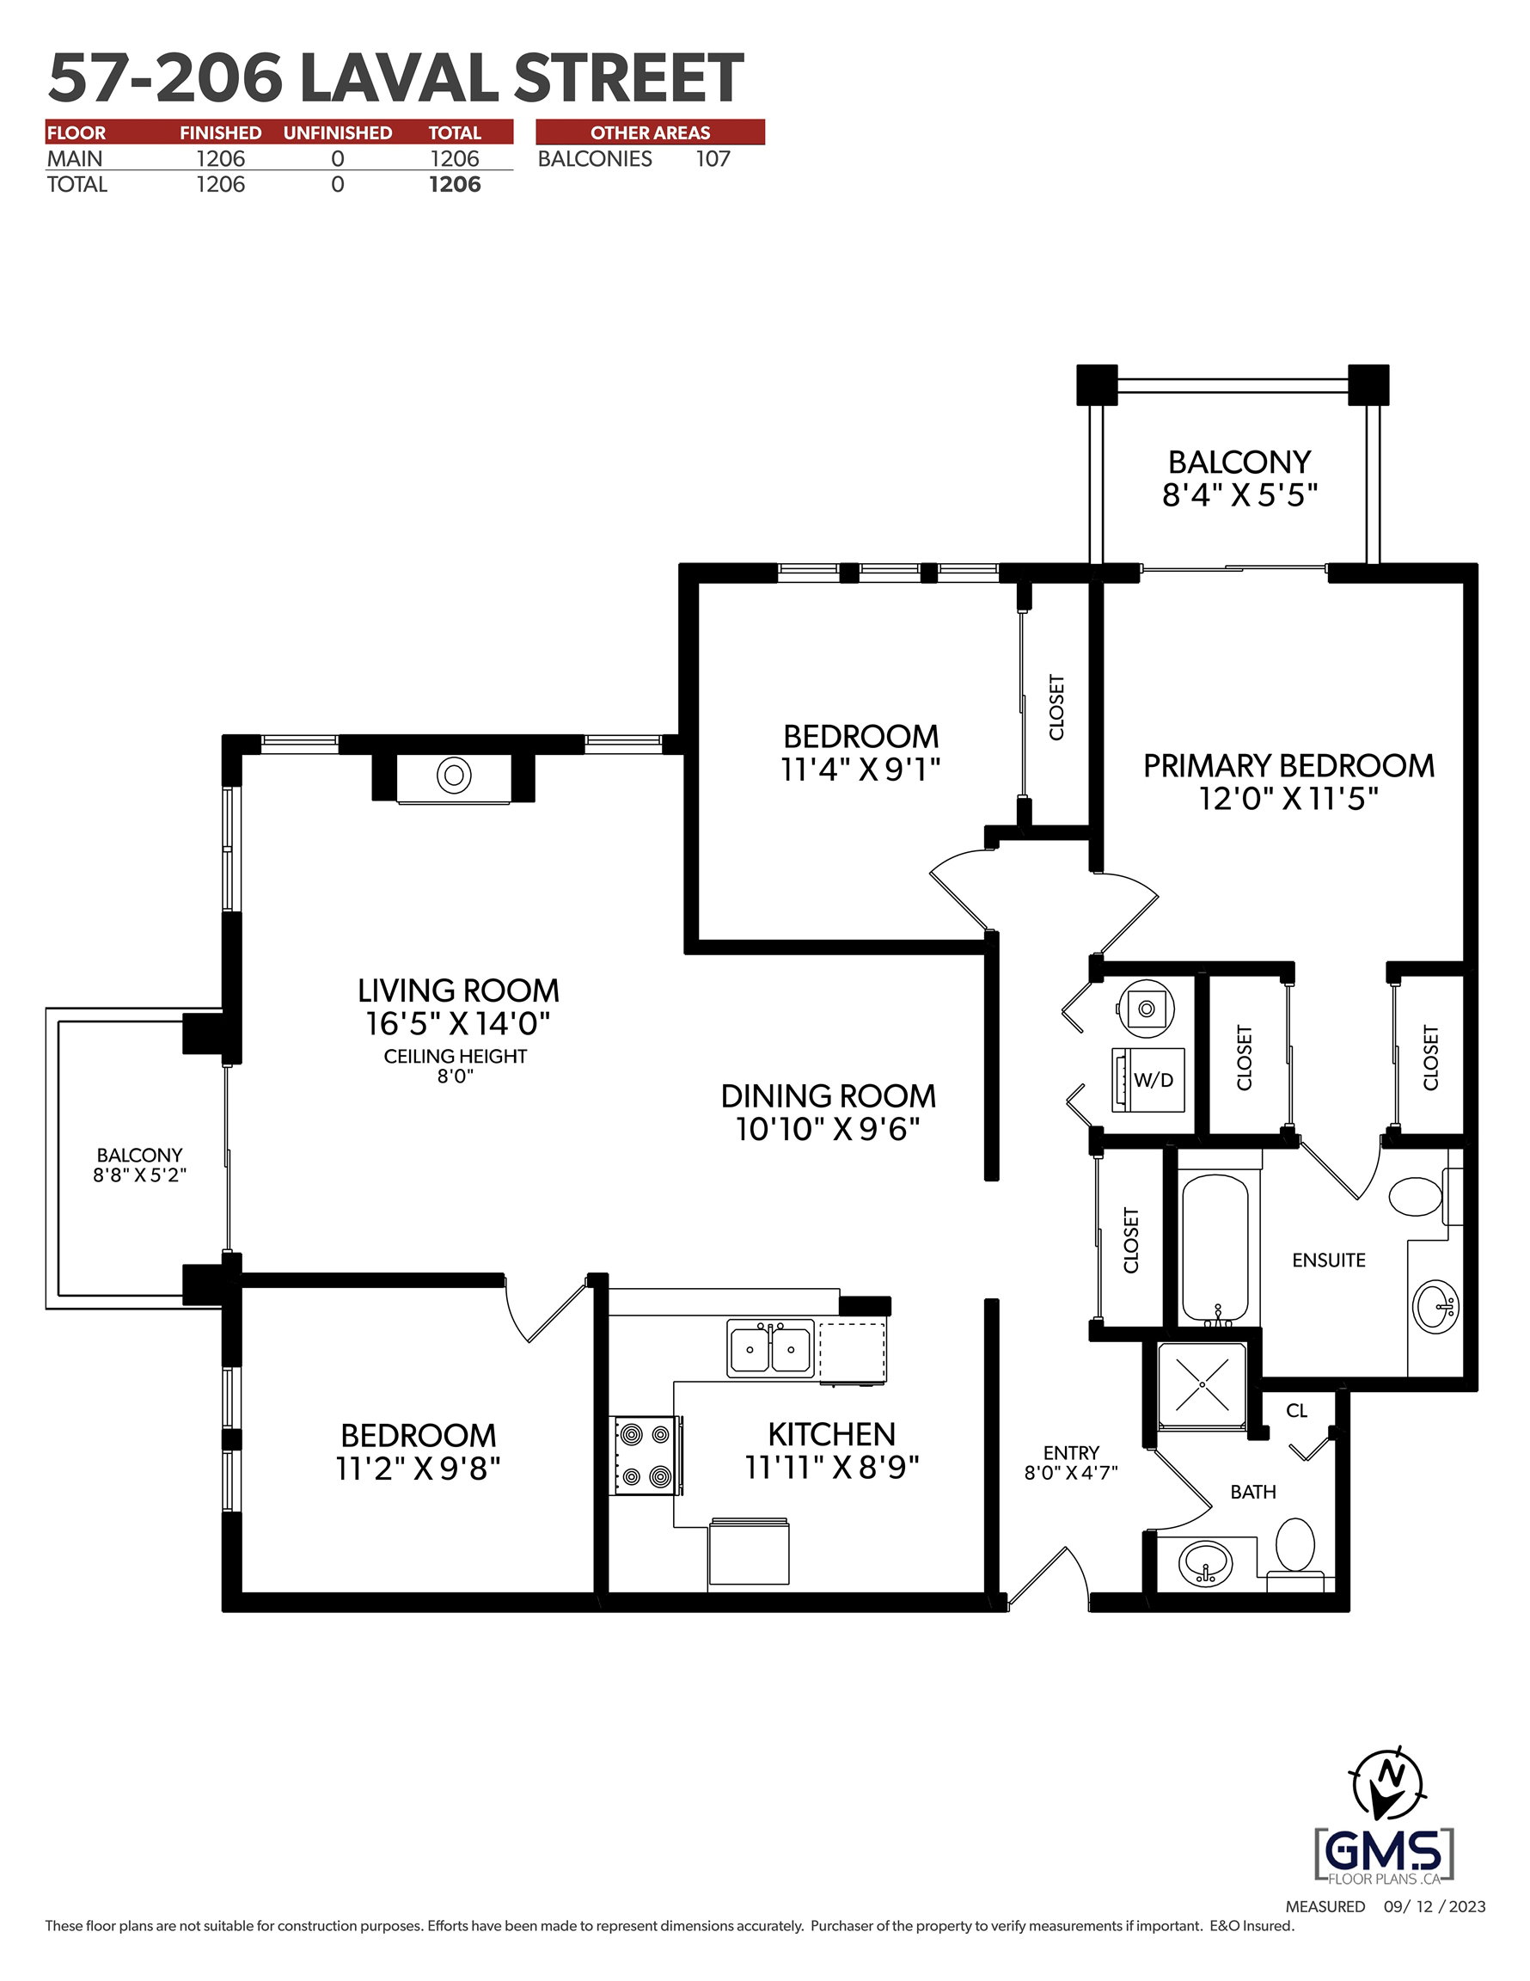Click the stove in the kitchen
[646, 1455]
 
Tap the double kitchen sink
[770, 1348]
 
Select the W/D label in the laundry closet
[1153, 1079]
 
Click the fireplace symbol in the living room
[454, 776]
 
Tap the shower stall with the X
[1202, 1385]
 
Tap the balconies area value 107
[713, 159]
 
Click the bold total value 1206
[455, 184]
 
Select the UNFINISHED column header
[338, 132]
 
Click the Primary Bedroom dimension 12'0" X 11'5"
[1288, 799]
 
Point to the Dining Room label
[828, 1095]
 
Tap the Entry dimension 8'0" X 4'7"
[1071, 1472]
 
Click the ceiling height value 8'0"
[456, 1076]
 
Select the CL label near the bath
[1296, 1410]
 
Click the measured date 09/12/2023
[1435, 1905]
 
